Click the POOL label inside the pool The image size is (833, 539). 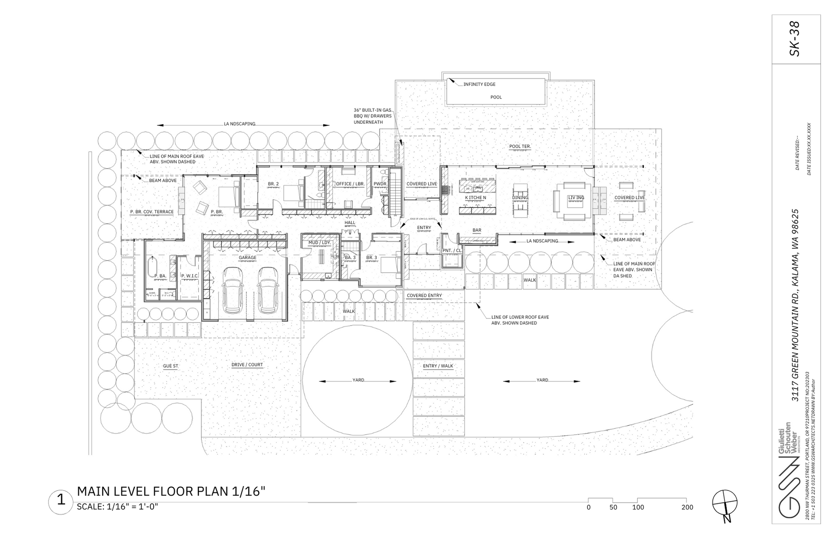coord(496,97)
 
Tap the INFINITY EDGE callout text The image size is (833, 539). coord(479,84)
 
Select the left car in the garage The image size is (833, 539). coord(233,289)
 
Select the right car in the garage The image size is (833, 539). coord(267,289)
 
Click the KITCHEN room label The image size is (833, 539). coord(476,197)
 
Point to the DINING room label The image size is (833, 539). coord(520,197)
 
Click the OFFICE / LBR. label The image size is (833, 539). coord(350,184)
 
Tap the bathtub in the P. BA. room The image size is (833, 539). coord(152,267)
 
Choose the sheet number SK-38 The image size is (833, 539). coord(795,39)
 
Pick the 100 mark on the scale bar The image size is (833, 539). coord(638,507)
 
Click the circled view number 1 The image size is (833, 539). coord(61,500)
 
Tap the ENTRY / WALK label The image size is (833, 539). coord(438,366)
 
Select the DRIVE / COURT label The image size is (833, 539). coord(247,365)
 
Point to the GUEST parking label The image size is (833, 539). coord(171,366)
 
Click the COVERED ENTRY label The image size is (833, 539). coord(424,296)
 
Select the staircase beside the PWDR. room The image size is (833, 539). coord(395,193)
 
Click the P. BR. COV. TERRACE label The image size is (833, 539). coord(152,212)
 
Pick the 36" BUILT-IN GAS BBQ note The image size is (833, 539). coord(372,116)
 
